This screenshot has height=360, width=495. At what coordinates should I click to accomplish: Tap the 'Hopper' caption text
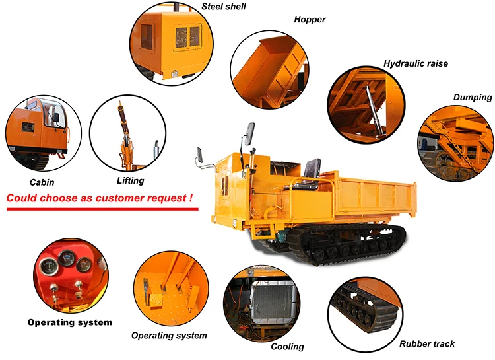tap(310, 20)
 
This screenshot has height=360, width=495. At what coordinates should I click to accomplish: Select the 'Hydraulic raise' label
tap(415, 64)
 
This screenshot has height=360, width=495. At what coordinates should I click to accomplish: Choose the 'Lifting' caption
tap(129, 180)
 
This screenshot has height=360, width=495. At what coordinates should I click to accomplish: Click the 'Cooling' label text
tap(287, 347)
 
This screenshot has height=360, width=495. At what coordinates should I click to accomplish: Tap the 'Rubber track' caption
tap(426, 344)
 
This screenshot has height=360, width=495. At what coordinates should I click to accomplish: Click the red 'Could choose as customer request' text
tap(100, 198)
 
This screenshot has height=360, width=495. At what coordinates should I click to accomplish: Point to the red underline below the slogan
tap(102, 209)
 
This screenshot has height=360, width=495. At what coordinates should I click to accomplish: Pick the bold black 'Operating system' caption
tap(69, 323)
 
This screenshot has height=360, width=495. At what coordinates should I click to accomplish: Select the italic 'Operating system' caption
tap(169, 336)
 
